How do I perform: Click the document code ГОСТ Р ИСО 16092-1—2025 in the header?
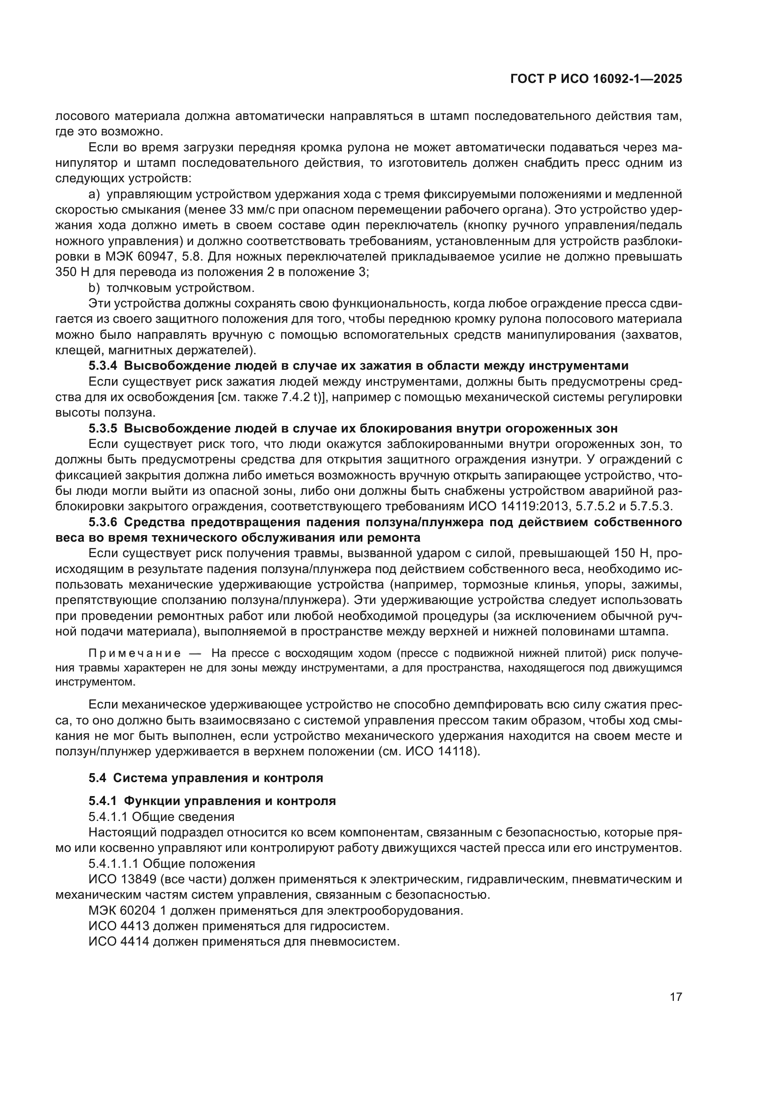(596, 79)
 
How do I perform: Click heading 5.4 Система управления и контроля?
(206, 778)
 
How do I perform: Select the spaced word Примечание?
(134, 653)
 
